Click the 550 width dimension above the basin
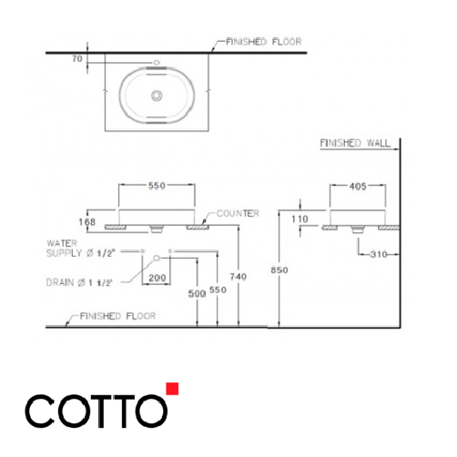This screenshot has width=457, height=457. click(156, 185)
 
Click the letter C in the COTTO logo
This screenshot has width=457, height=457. click(42, 411)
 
